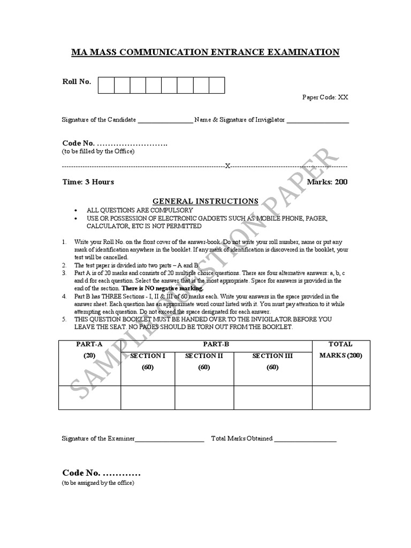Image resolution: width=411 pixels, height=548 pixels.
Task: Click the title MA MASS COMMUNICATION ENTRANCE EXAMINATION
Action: [205, 52]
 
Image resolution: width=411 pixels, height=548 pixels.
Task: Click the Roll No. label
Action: [77, 81]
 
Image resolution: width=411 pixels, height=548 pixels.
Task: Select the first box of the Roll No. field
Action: [106, 85]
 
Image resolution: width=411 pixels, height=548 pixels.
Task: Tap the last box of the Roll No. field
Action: [217, 85]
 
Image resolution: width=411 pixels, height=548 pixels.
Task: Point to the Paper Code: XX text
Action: [325, 97]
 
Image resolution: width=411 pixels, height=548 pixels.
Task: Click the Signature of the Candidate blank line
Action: [165, 121]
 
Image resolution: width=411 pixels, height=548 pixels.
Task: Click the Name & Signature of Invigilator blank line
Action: [318, 121]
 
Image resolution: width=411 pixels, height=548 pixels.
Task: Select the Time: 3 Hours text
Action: [88, 182]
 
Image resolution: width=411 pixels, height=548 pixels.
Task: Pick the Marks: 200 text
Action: [327, 182]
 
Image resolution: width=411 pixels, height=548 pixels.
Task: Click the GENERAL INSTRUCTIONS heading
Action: [205, 201]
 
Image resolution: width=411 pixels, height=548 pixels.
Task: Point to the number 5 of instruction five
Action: [64, 319]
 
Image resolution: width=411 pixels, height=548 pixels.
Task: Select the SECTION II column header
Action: [204, 356]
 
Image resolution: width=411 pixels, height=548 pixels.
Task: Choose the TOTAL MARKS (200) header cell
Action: [341, 349]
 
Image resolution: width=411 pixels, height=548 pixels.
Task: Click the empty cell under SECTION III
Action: [273, 398]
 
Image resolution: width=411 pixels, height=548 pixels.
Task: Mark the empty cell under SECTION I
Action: [148, 398]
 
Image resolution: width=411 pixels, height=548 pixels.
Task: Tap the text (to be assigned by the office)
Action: [98, 483]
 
